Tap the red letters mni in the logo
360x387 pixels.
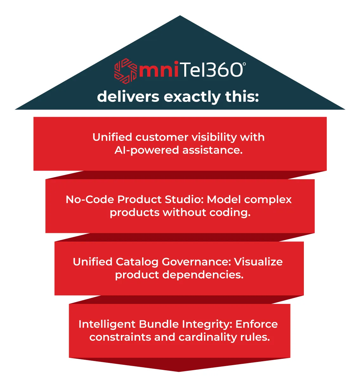159,69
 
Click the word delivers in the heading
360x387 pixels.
128,97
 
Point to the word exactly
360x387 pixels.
192,97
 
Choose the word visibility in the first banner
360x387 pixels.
214,138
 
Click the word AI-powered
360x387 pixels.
147,151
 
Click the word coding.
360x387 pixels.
230,213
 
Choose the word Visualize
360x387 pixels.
258,262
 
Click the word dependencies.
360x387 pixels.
203,275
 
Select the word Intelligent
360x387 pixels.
107,325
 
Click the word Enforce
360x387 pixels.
257,325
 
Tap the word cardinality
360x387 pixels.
207,338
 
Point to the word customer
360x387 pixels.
162,138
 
